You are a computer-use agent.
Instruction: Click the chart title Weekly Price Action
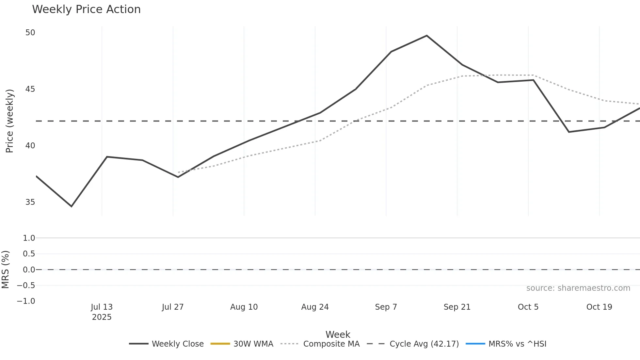(86, 9)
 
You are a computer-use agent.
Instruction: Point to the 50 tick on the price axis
(30, 33)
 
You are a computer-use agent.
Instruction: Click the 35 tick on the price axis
(30, 202)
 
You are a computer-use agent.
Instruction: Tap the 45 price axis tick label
(30, 89)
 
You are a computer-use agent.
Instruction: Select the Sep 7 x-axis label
(386, 307)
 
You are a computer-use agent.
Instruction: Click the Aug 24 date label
(315, 307)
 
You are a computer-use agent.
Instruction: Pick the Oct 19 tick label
(599, 307)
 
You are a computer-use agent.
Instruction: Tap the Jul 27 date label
(173, 307)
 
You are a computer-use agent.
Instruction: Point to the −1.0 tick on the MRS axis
(26, 301)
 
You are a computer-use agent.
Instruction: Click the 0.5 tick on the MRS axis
(29, 254)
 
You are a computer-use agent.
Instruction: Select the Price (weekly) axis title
(9, 121)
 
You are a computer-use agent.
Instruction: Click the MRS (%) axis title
(5, 270)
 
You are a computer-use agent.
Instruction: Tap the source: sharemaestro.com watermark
(578, 288)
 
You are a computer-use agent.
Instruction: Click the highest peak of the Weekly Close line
(427, 36)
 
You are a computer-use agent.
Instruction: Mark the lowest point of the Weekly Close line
(72, 206)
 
